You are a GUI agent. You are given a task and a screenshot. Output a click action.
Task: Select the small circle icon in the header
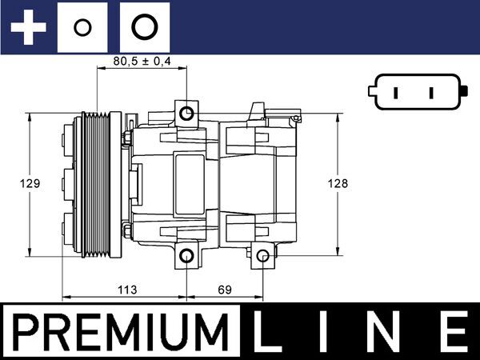(80, 28)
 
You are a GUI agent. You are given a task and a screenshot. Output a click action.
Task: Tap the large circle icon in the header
(143, 28)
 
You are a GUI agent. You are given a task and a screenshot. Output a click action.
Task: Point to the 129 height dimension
(29, 184)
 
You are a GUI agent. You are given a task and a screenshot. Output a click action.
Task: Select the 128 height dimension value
(339, 184)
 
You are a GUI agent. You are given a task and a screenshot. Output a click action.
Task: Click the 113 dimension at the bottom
(124, 289)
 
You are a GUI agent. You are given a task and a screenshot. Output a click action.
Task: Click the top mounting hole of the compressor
(186, 113)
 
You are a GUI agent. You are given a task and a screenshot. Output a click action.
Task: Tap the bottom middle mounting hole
(186, 257)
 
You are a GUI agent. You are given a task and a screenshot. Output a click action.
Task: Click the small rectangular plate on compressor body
(189, 172)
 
